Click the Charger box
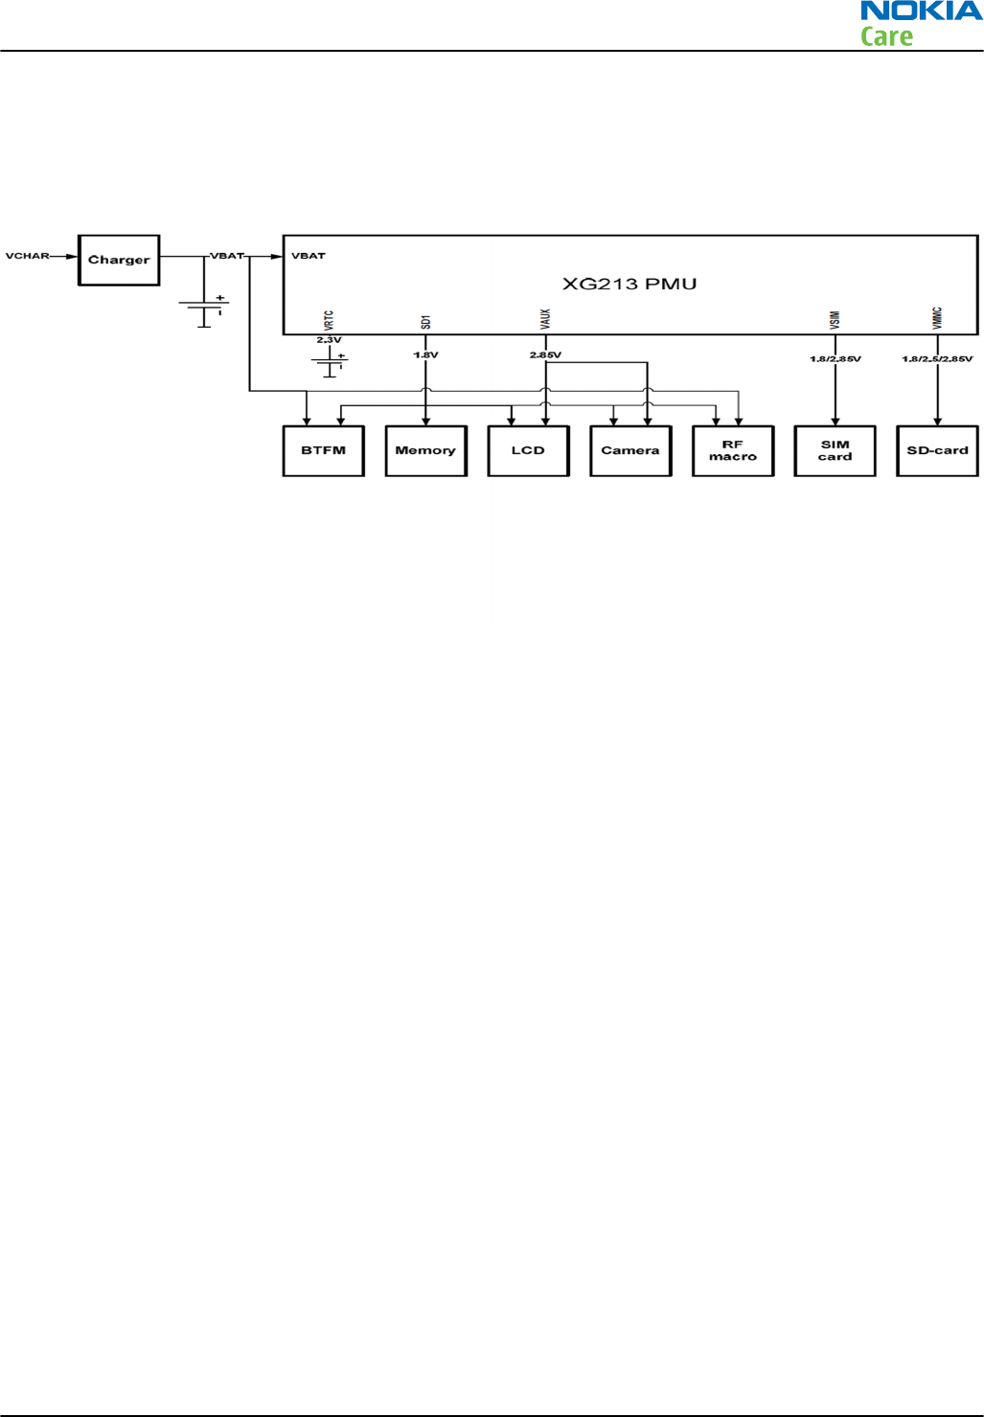[119, 260]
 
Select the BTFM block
[323, 450]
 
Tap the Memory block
[425, 450]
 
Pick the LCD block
[528, 450]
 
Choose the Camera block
[629, 450]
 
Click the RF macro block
[732, 450]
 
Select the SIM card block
[835, 450]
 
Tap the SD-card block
[937, 450]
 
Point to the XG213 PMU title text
[629, 284]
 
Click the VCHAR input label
[27, 256]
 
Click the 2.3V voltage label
[329, 340]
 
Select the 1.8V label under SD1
[425, 355]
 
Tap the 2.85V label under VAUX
[545, 355]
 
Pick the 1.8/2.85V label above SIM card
[835, 359]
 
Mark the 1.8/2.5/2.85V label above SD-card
[937, 359]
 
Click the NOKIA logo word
[921, 11]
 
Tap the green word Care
[886, 36]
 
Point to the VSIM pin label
[835, 320]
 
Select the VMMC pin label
[937, 318]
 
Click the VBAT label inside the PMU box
[309, 256]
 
